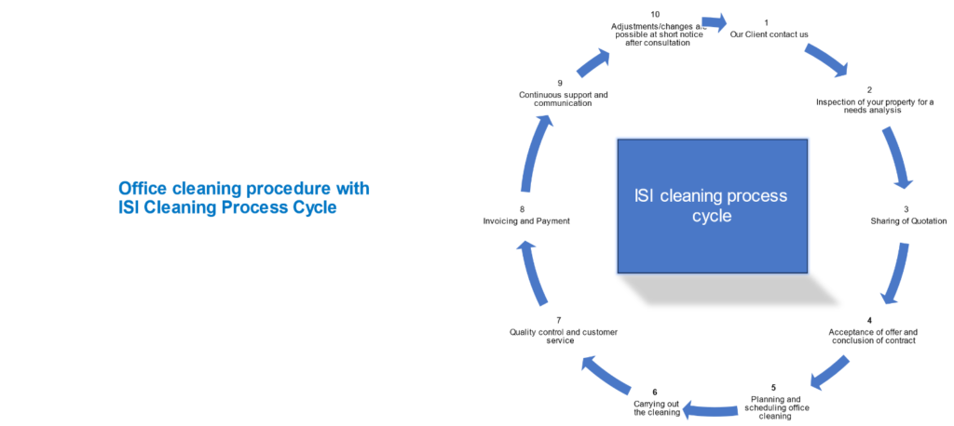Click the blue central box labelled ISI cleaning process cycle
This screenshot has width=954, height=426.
tap(712, 206)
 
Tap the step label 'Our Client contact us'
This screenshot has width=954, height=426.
tap(769, 34)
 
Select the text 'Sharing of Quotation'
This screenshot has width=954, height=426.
tap(908, 221)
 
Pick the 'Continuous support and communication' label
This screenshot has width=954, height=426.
tap(563, 99)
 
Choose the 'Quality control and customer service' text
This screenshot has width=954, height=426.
tap(563, 336)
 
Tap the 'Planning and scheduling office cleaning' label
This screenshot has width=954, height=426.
tap(773, 407)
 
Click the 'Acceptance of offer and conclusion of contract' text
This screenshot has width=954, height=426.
tap(873, 336)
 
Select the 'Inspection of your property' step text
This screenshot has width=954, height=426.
tap(874, 106)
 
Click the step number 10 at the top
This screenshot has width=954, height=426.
tap(655, 14)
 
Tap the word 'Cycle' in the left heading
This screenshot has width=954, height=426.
tap(309, 207)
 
